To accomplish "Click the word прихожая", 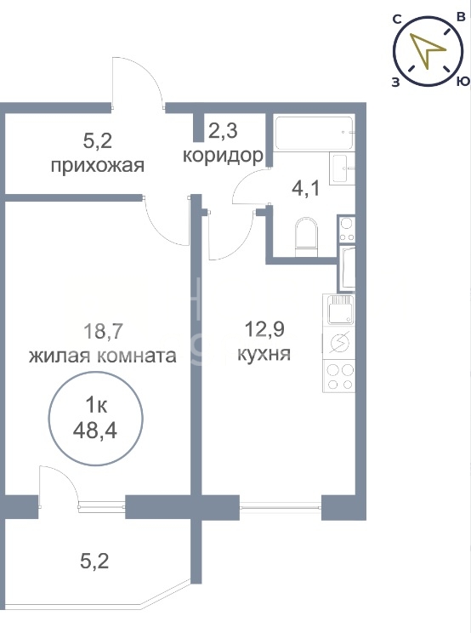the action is (98, 166).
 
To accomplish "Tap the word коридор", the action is (223, 156).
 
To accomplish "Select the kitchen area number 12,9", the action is (264, 329).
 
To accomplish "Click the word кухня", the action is (264, 354).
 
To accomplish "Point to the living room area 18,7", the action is (102, 332).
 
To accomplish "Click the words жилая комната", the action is (102, 356).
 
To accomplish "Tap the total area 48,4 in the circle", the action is (95, 431).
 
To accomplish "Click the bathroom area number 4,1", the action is (306, 188).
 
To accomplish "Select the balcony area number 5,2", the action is (94, 561).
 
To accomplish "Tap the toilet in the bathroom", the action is (306, 237).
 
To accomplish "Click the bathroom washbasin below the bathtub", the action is (342, 168).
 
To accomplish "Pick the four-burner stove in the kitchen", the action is (338, 375).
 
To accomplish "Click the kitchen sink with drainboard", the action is (340, 310).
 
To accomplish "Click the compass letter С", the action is (397, 19).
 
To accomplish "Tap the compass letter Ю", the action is (463, 81).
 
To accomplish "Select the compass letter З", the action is (395, 83).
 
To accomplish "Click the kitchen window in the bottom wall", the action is (281, 505).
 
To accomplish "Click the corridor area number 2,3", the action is (223, 130).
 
